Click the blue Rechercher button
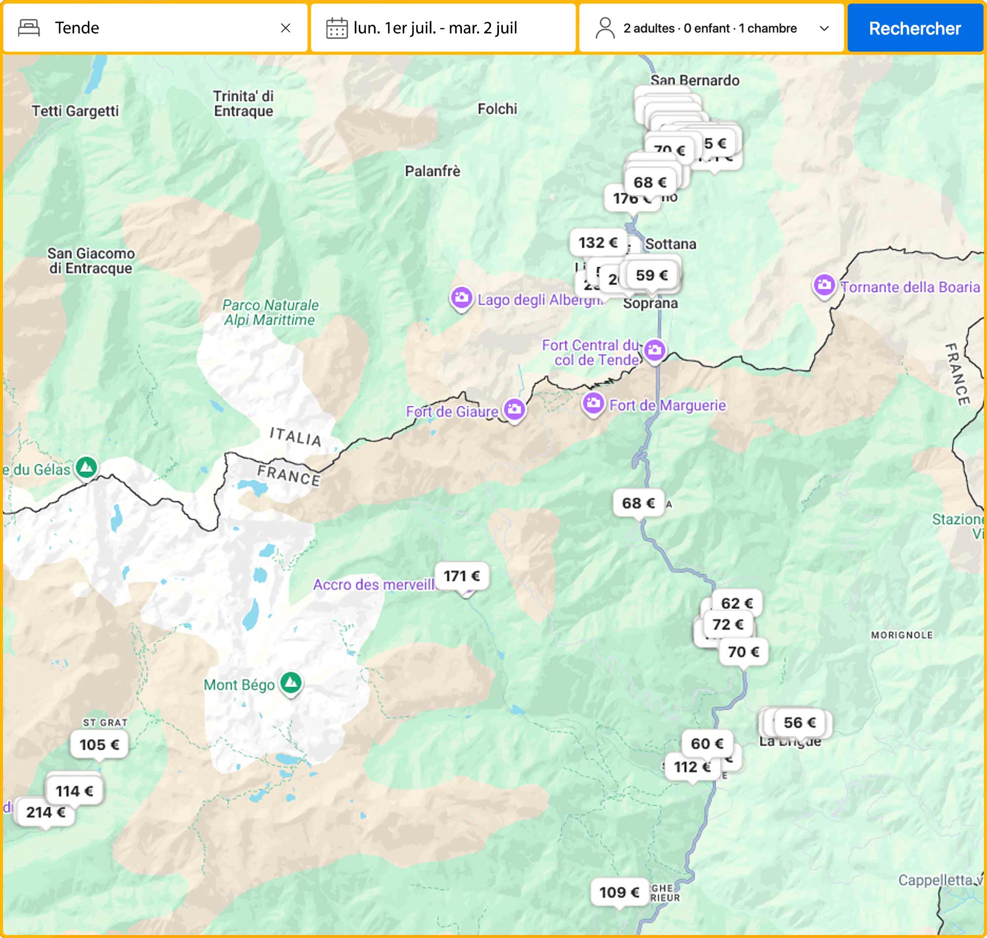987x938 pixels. pyautogui.click(x=914, y=28)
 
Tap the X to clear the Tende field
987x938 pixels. pyautogui.click(x=285, y=28)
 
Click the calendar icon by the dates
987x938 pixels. pyautogui.click(x=337, y=28)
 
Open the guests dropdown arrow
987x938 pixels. pyautogui.click(x=825, y=29)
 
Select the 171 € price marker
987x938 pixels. pyautogui.click(x=461, y=576)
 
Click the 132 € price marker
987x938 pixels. pyautogui.click(x=598, y=242)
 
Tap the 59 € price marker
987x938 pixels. pyautogui.click(x=652, y=275)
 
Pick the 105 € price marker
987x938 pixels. pyautogui.click(x=99, y=744)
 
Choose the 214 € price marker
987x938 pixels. pyautogui.click(x=45, y=813)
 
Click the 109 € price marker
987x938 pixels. pyautogui.click(x=619, y=893)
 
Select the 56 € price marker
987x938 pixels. pyautogui.click(x=799, y=722)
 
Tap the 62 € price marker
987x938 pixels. pyautogui.click(x=737, y=603)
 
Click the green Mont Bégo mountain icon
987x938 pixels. pyautogui.click(x=290, y=682)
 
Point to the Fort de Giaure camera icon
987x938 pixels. pyautogui.click(x=514, y=409)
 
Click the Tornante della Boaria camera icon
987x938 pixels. pyautogui.click(x=824, y=285)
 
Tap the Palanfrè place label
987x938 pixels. pyautogui.click(x=432, y=171)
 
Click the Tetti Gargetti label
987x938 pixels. pyautogui.click(x=75, y=111)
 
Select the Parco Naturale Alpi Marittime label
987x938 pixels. pyautogui.click(x=270, y=313)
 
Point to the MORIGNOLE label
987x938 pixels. pyautogui.click(x=902, y=635)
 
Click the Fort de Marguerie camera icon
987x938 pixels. pyautogui.click(x=593, y=402)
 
